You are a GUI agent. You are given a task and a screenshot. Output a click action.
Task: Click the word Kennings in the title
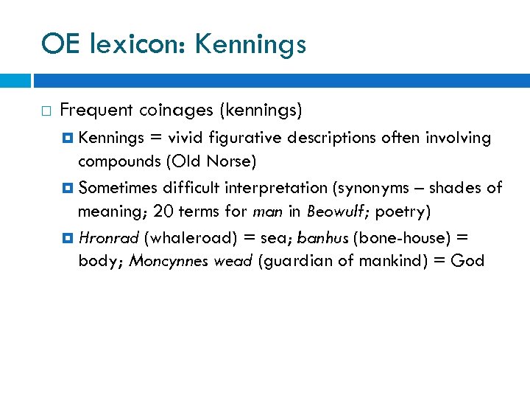[x=250, y=45]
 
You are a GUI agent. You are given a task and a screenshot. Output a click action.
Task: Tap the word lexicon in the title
[x=140, y=45]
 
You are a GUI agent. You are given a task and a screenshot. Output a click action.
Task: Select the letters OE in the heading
[x=61, y=45]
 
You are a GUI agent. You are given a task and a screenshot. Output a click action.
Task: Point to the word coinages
[x=174, y=111]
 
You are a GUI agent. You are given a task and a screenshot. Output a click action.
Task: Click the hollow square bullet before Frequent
[x=46, y=111]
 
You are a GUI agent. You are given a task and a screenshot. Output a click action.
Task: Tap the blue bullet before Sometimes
[x=69, y=188]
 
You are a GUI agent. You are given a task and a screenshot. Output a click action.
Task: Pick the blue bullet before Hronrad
[x=69, y=238]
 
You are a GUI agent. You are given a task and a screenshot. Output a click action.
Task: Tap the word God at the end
[x=468, y=261]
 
